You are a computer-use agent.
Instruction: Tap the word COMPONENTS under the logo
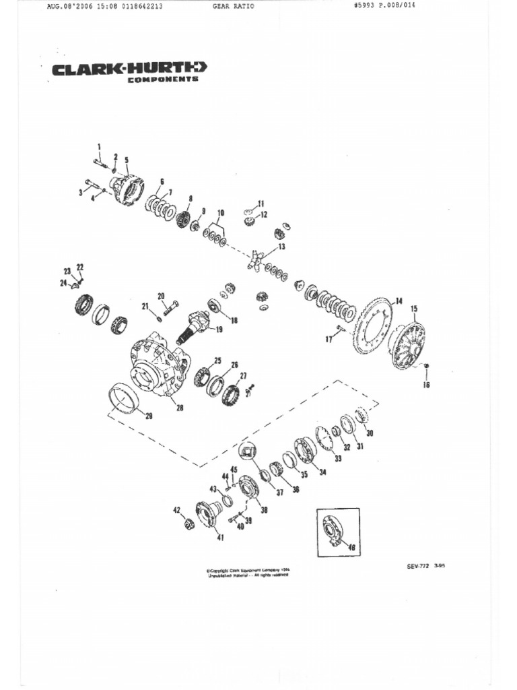click(163, 80)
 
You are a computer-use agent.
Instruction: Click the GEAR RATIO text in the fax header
click(229, 7)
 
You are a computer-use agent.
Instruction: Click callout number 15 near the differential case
click(414, 309)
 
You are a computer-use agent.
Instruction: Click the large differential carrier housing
click(159, 364)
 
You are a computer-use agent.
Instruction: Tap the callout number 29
click(148, 416)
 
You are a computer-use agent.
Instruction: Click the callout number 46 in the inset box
click(350, 548)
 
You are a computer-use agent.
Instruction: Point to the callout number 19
click(219, 330)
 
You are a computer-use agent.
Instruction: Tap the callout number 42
click(177, 509)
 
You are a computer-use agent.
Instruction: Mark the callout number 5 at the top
click(126, 160)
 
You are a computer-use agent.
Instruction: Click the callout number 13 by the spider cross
click(281, 247)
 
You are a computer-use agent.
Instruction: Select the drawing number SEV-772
click(418, 566)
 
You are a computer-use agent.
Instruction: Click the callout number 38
click(264, 510)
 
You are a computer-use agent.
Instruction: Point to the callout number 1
click(99, 146)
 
